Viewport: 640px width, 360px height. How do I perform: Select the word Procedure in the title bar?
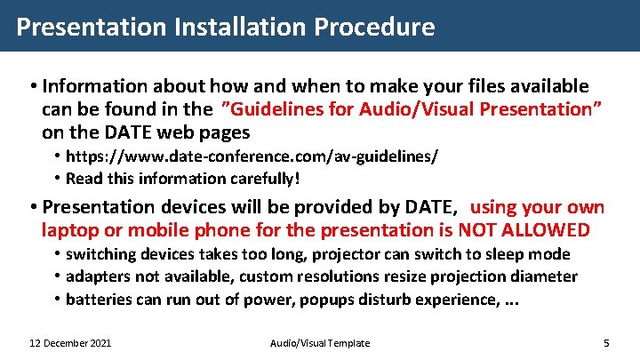(376, 27)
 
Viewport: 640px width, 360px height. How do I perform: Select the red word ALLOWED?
(553, 231)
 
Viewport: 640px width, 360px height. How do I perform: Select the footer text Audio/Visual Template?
(319, 343)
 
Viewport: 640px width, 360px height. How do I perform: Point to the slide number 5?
(605, 343)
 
